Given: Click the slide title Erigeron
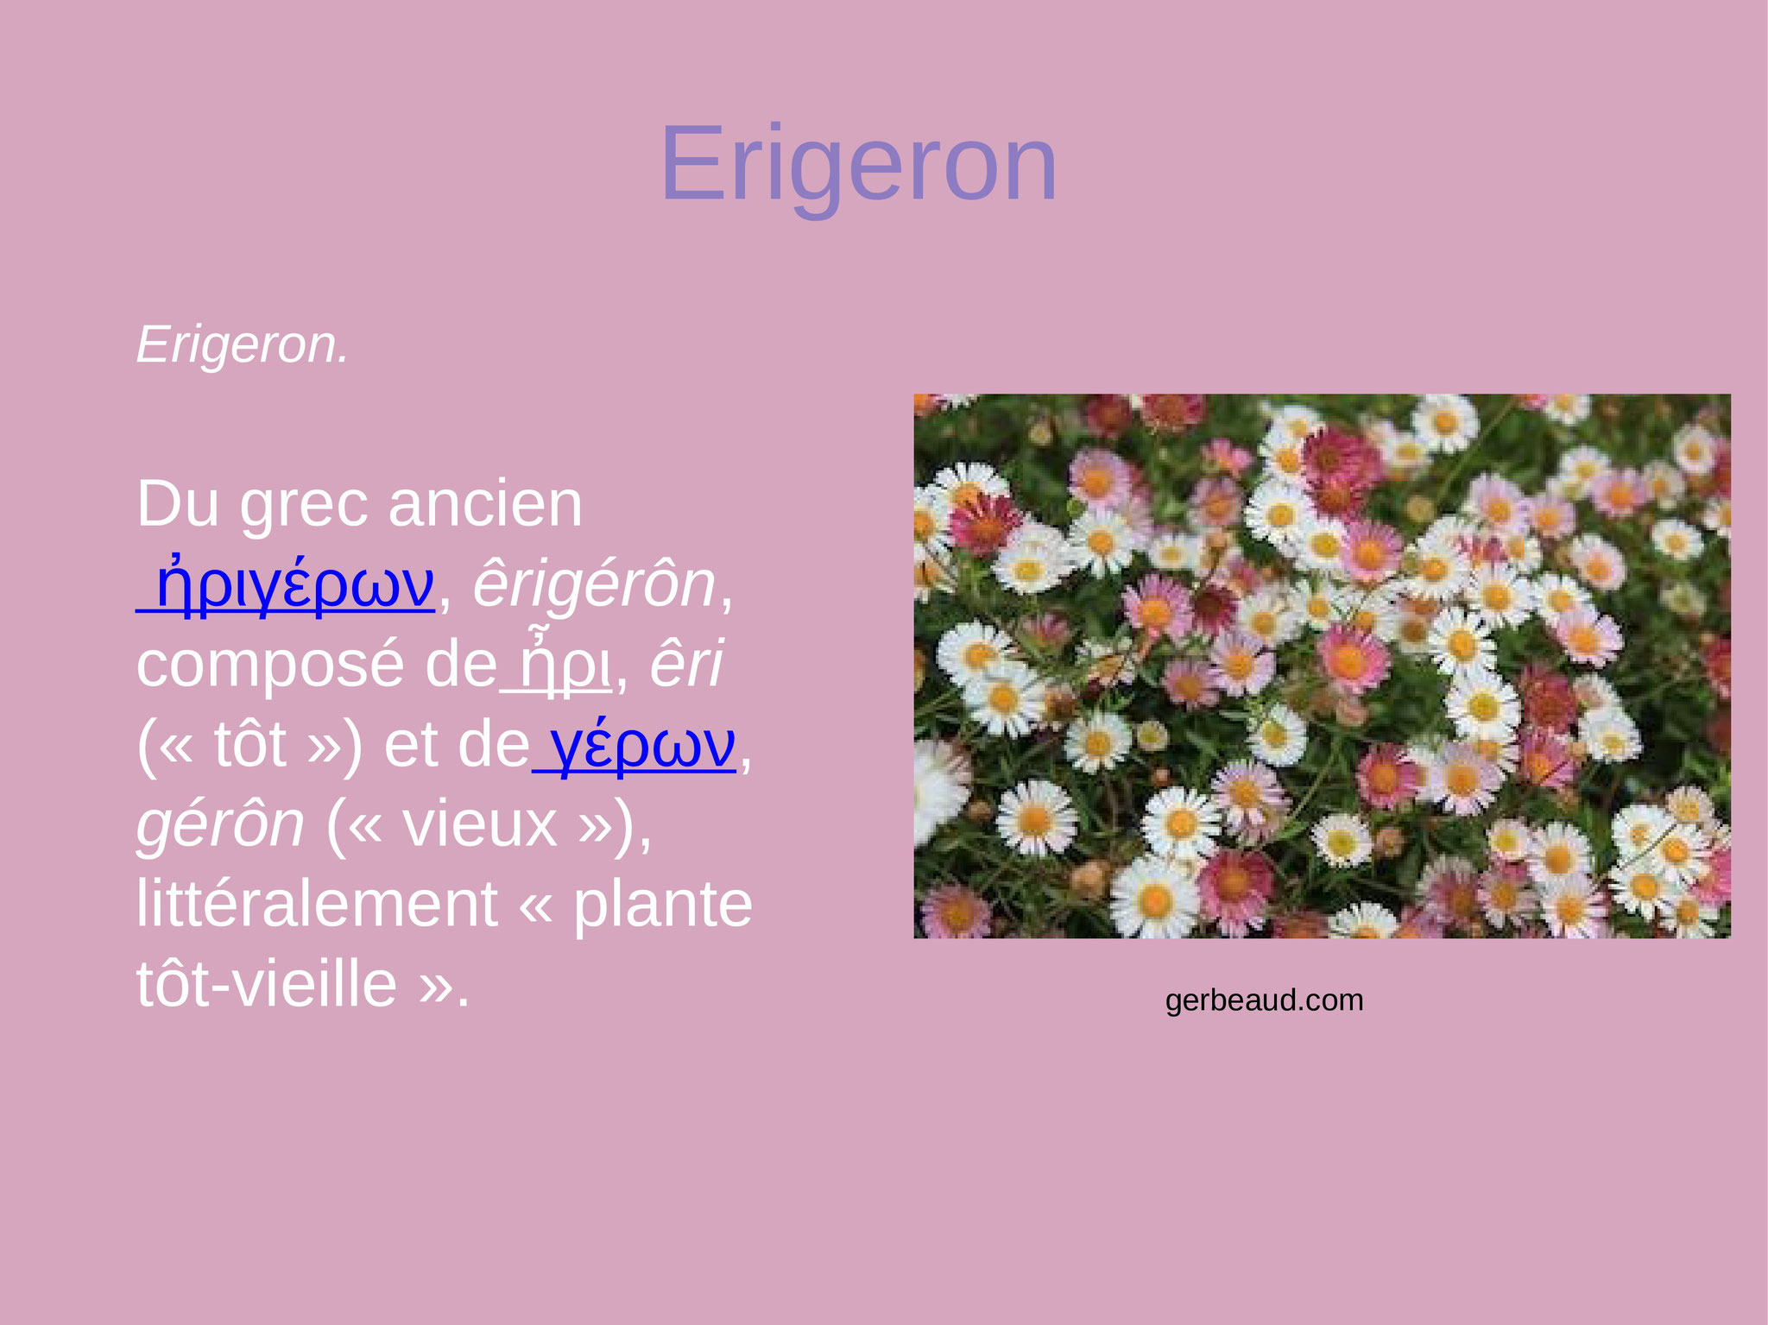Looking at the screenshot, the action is (x=859, y=166).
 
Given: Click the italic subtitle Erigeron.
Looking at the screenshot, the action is (x=243, y=345).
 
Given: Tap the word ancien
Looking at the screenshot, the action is (x=486, y=504).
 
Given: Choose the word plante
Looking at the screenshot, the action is (x=663, y=905).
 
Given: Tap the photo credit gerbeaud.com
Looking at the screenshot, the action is (x=1265, y=1000).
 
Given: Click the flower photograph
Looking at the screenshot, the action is (x=1323, y=666).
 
